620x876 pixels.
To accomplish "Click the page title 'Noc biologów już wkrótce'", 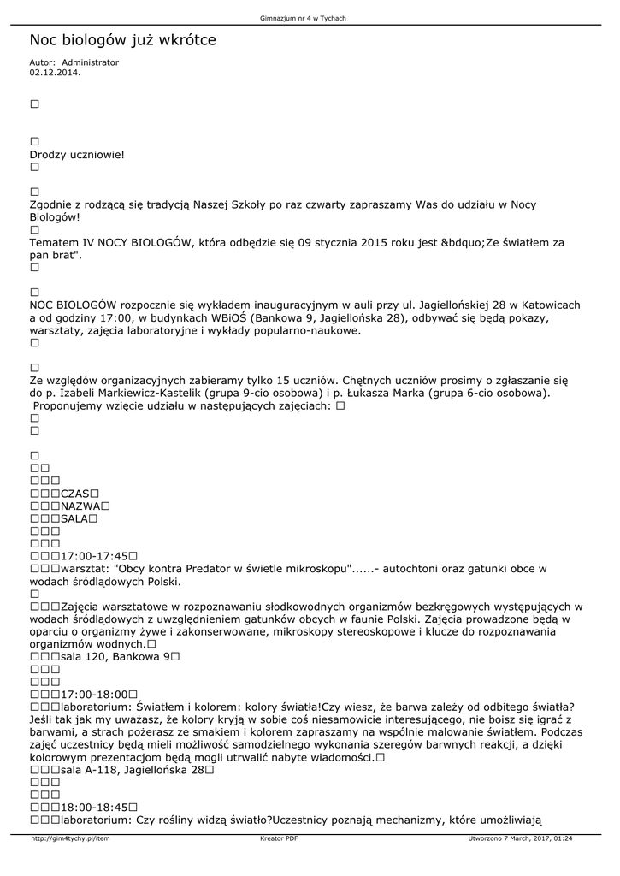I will [x=122, y=40].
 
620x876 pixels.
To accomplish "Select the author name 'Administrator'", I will [x=91, y=62].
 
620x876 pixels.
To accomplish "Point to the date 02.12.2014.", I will [x=55, y=73].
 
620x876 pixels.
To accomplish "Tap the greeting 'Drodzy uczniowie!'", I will [x=77, y=155].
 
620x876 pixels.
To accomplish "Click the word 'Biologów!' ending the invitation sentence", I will [x=54, y=217].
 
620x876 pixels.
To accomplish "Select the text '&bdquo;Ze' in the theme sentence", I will [x=462, y=243].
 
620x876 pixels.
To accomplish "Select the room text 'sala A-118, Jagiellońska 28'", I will [x=131, y=770].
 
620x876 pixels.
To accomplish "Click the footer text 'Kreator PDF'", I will [x=279, y=838].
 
